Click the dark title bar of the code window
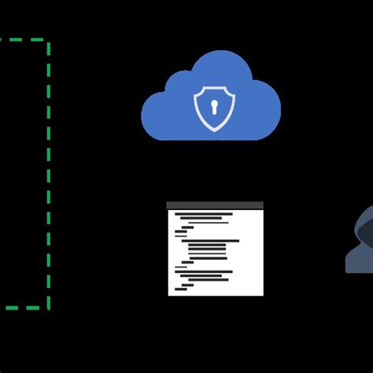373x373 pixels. (x=215, y=205)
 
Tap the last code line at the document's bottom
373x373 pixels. (x=181, y=289)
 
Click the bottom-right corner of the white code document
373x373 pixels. (x=262, y=294)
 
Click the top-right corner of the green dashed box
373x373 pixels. (x=49, y=41)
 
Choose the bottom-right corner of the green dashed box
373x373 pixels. (x=49, y=308)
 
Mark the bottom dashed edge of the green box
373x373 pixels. (x=24, y=308)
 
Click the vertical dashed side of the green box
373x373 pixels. (x=49, y=173)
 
